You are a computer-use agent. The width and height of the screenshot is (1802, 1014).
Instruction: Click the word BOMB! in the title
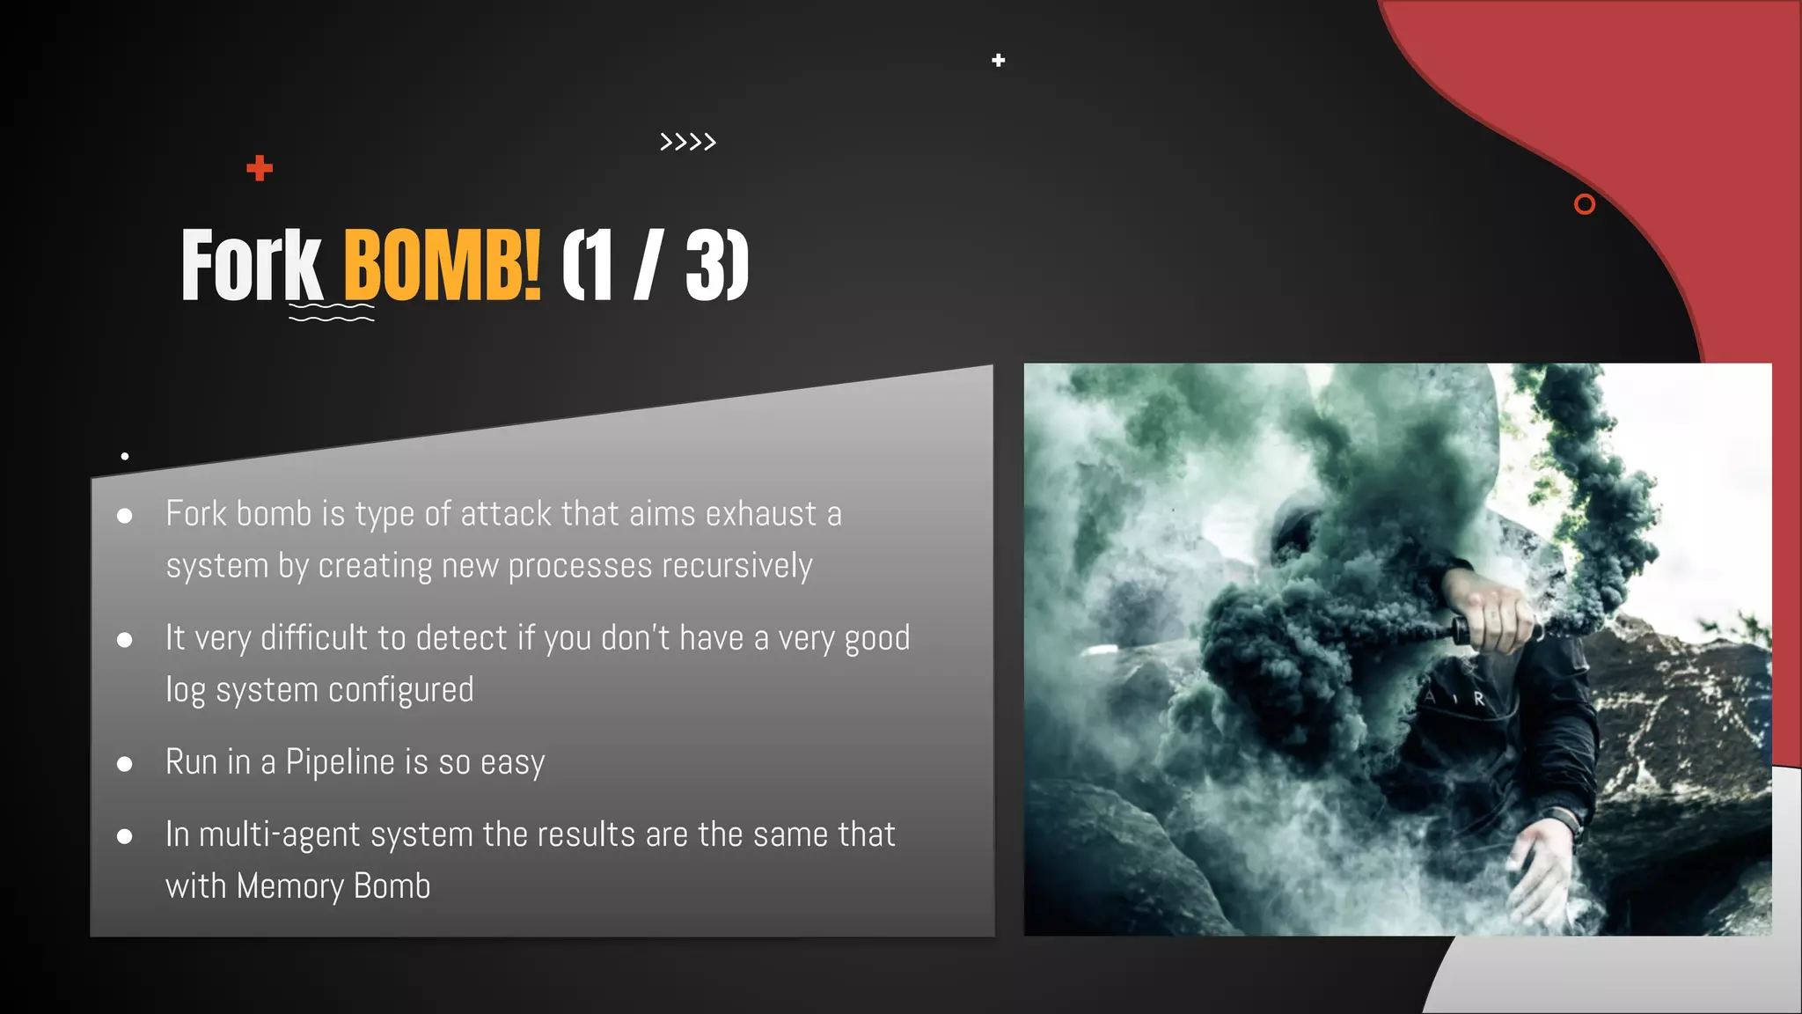click(x=441, y=265)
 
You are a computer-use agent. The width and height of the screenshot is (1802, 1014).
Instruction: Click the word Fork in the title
click(x=252, y=265)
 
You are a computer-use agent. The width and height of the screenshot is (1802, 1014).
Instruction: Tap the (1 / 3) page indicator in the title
click(x=655, y=265)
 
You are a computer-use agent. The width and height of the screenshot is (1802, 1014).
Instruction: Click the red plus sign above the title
click(x=260, y=168)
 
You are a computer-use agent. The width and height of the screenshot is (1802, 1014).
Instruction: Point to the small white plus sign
click(x=998, y=61)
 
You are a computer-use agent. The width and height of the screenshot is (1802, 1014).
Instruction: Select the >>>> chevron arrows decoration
click(x=688, y=142)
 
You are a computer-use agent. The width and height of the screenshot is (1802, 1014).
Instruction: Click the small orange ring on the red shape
click(x=1584, y=204)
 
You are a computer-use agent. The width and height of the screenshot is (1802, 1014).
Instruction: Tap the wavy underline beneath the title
click(x=332, y=312)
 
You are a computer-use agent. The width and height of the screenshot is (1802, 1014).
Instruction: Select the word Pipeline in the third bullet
click(x=340, y=762)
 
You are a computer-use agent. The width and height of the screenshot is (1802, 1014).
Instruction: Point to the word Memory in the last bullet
click(x=289, y=886)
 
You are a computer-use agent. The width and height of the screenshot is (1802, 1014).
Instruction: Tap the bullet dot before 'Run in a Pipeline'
click(x=125, y=764)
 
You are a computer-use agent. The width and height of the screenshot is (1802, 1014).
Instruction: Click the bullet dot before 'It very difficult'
click(x=125, y=640)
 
